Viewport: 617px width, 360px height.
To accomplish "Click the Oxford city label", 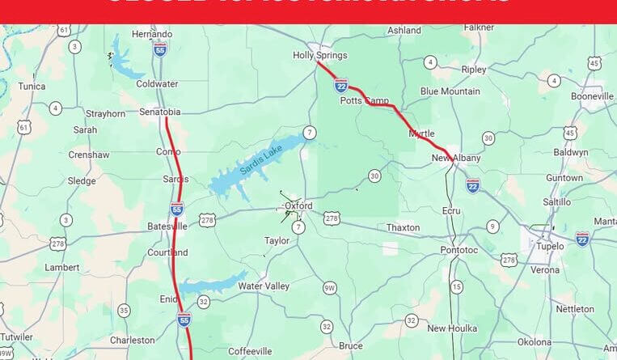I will [298, 205].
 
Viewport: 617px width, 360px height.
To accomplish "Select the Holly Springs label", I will [319, 56].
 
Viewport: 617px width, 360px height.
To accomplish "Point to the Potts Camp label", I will [364, 100].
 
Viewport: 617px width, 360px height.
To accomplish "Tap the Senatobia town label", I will [159, 112].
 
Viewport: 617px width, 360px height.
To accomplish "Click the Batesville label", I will [167, 226].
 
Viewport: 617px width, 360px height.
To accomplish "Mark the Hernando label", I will [152, 34].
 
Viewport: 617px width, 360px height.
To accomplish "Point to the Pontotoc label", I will [459, 252].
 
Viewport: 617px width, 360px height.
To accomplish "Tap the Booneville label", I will [592, 96].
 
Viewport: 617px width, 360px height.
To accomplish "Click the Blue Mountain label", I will [450, 91].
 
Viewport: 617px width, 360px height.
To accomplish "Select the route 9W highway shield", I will [329, 288].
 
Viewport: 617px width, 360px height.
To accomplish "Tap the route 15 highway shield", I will [457, 286].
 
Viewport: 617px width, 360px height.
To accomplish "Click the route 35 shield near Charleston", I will [124, 310].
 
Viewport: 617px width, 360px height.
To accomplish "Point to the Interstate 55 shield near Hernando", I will [160, 49].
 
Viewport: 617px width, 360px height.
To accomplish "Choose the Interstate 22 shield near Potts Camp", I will [341, 85].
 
